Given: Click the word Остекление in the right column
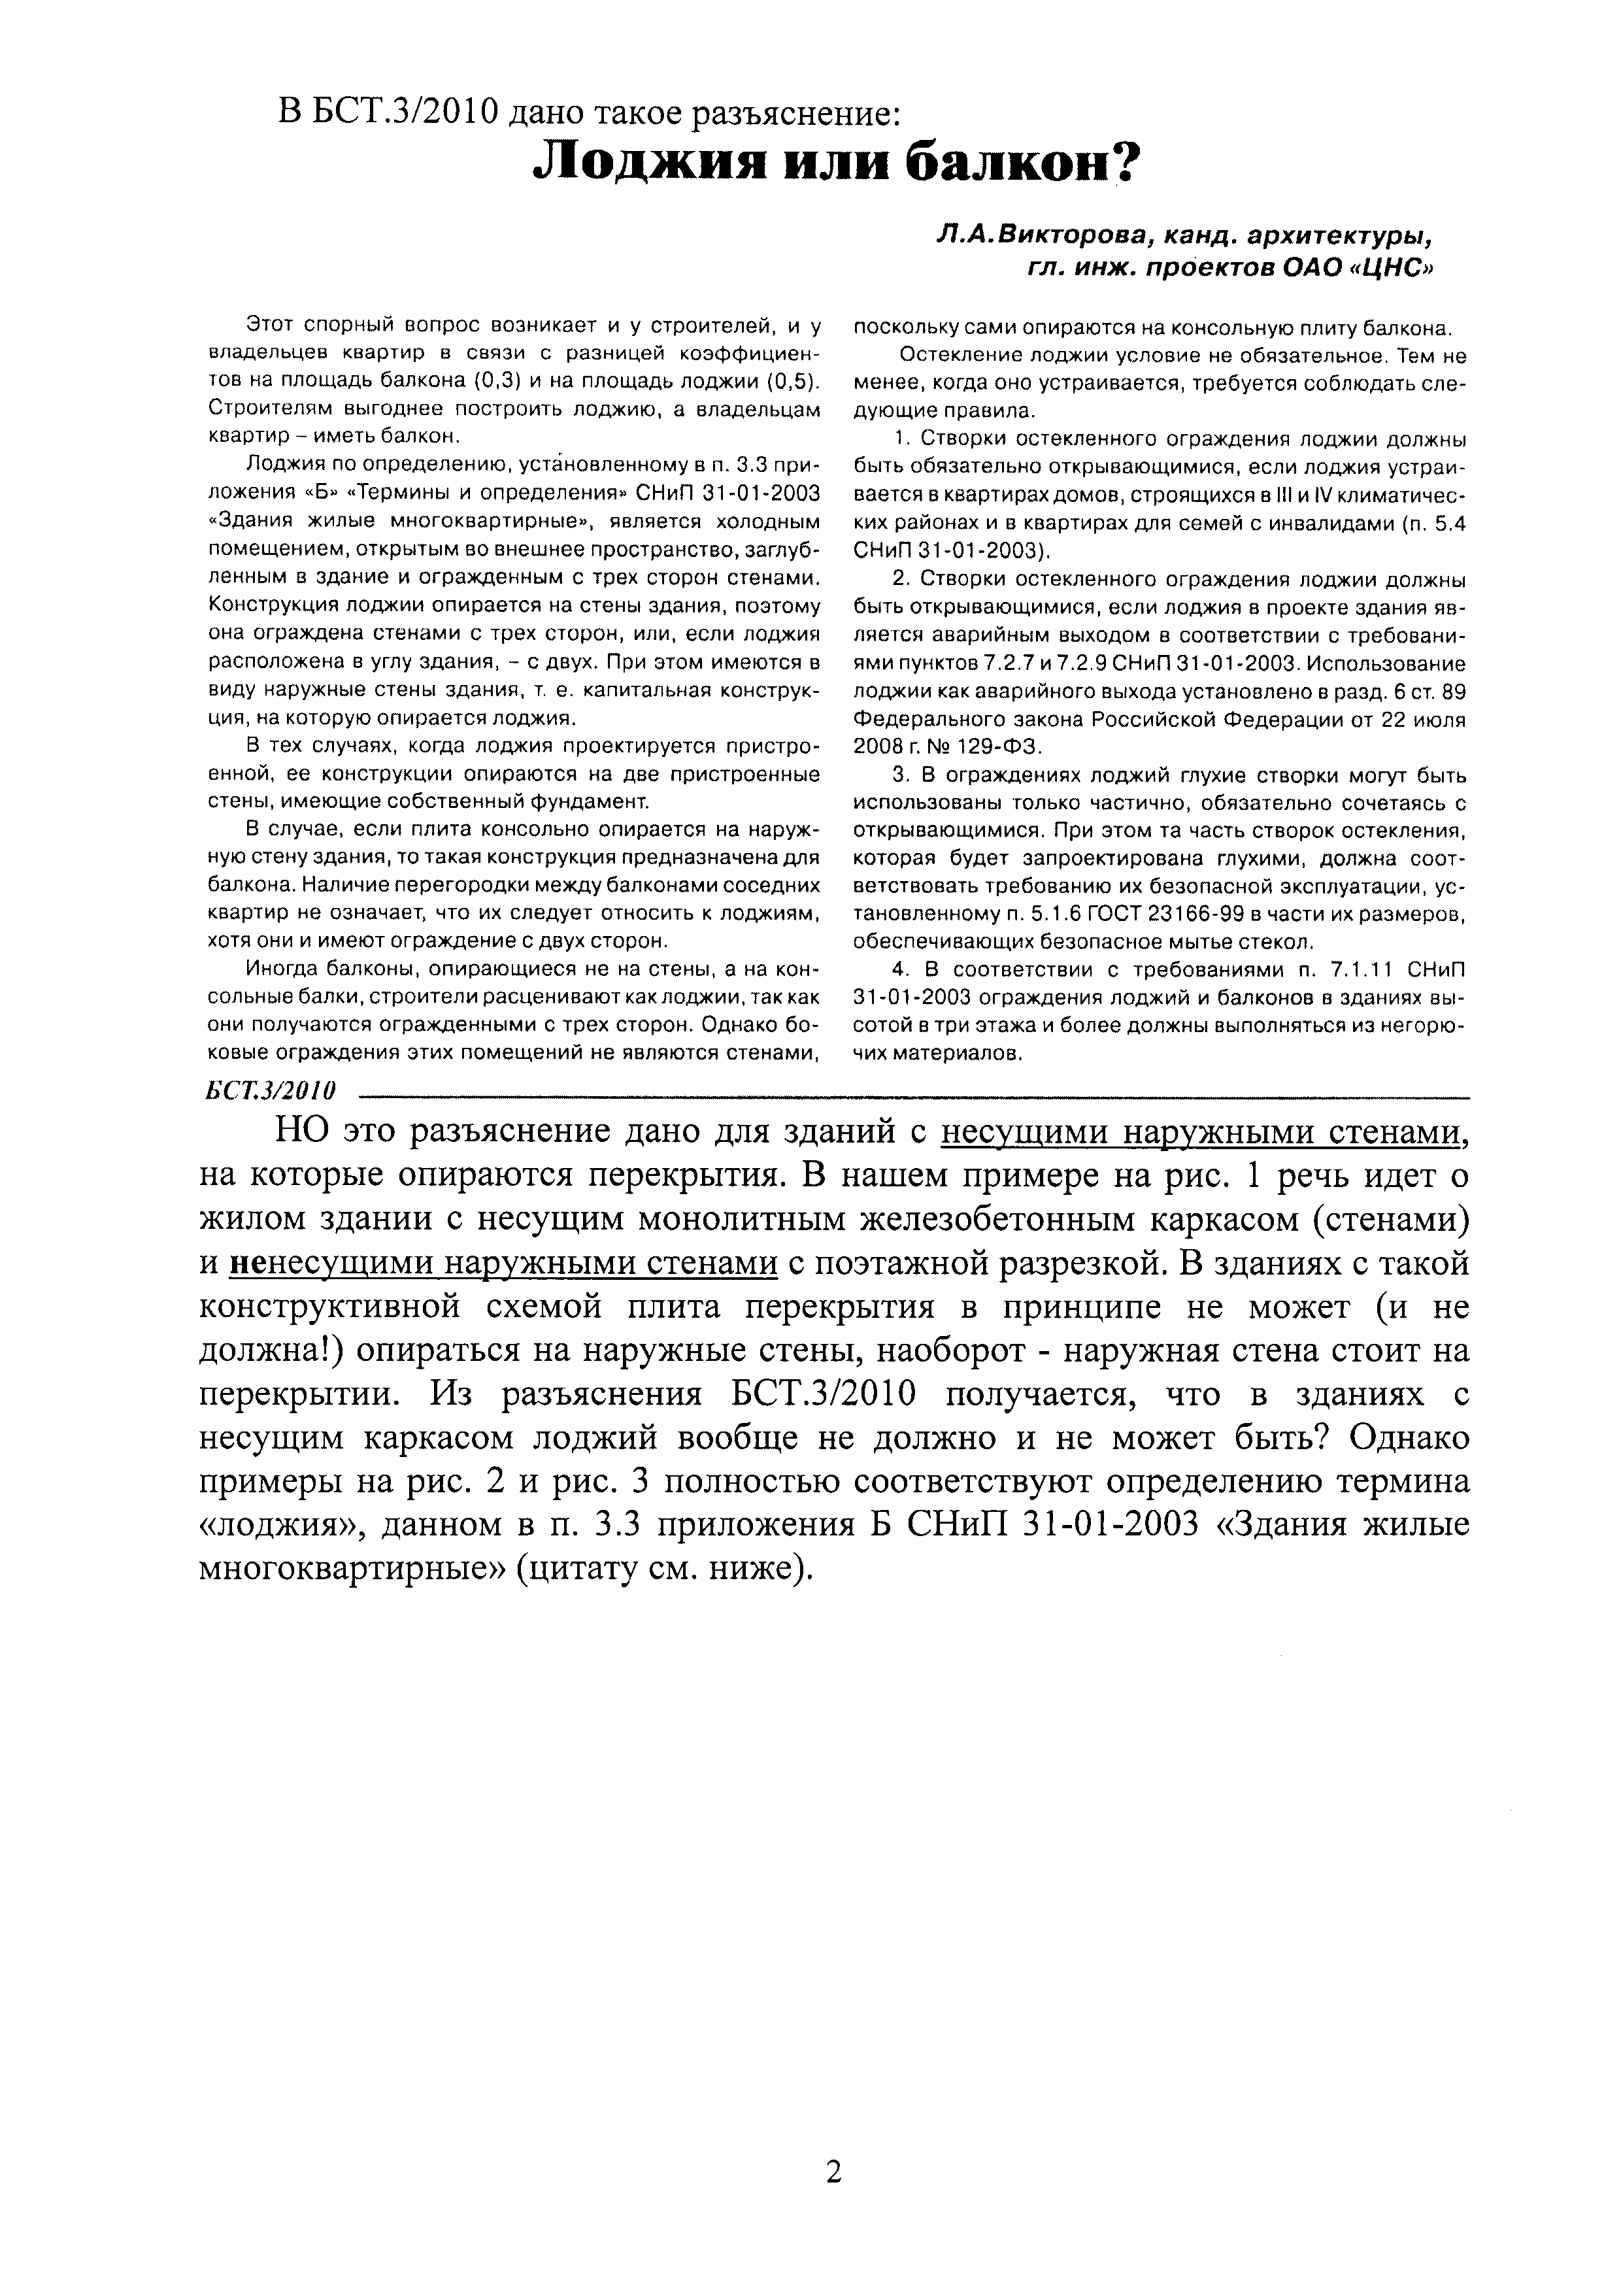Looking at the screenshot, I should coord(949,356).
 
